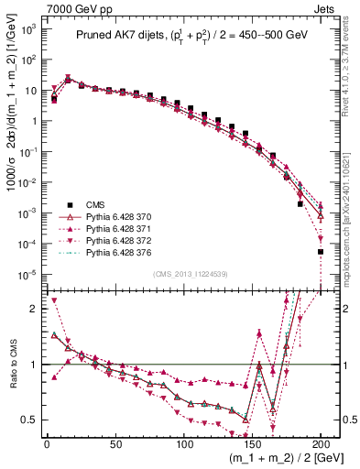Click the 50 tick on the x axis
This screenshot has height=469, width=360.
(x=115, y=445)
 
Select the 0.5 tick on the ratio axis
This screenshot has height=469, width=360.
(x=30, y=420)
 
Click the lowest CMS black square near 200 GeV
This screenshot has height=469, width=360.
(x=321, y=251)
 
